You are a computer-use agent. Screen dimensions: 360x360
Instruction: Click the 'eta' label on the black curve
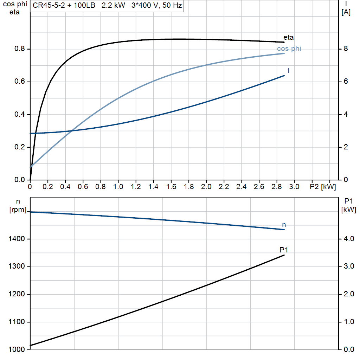[x=288, y=37]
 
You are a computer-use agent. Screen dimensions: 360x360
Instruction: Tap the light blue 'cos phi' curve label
[x=289, y=49]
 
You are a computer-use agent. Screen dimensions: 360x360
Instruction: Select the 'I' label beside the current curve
[x=288, y=71]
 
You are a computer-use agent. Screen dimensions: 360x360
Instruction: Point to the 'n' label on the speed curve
[x=284, y=225]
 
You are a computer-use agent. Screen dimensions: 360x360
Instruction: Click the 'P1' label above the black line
[x=284, y=250]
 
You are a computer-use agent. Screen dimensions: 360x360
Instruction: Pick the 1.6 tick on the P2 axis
[x=171, y=187]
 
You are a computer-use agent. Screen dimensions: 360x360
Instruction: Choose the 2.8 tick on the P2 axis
[x=276, y=187]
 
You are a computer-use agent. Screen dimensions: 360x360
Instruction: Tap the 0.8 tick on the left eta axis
[x=20, y=49]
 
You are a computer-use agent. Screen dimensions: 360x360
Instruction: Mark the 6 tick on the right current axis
[x=346, y=82]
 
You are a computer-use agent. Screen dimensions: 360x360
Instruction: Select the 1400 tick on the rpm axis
[x=17, y=239]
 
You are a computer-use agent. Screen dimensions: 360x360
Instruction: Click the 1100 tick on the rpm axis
[x=17, y=322]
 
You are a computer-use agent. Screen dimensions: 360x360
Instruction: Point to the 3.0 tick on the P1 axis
[x=349, y=266]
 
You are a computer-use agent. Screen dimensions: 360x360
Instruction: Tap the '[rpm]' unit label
[x=18, y=210]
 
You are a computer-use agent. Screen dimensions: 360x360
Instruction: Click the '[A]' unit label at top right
[x=346, y=12]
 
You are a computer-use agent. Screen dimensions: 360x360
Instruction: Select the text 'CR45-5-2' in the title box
[x=49, y=5]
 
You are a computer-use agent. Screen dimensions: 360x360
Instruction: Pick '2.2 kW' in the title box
[x=113, y=5]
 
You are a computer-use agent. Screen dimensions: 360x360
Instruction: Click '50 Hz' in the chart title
[x=172, y=5]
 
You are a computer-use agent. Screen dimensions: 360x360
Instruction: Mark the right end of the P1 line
[x=284, y=255]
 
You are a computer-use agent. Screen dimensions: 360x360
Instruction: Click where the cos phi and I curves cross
[x=72, y=131]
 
